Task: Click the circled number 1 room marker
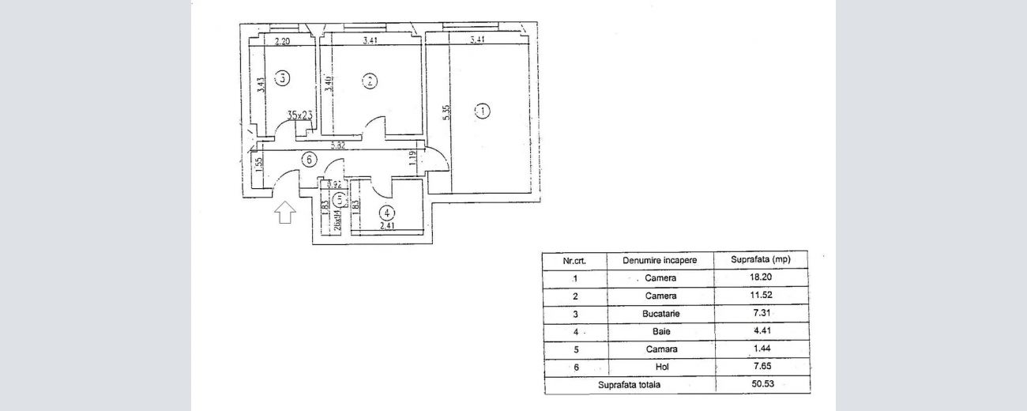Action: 483,111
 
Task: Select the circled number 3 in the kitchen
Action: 282,77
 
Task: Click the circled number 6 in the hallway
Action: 310,160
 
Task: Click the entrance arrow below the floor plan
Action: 286,212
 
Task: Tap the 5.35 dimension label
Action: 446,112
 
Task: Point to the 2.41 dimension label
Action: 387,227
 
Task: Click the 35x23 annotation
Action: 300,115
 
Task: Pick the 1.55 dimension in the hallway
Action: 258,164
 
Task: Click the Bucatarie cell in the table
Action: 660,314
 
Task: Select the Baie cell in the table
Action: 660,332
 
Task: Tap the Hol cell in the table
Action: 660,368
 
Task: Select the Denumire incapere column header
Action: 660,260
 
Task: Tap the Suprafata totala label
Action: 630,385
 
